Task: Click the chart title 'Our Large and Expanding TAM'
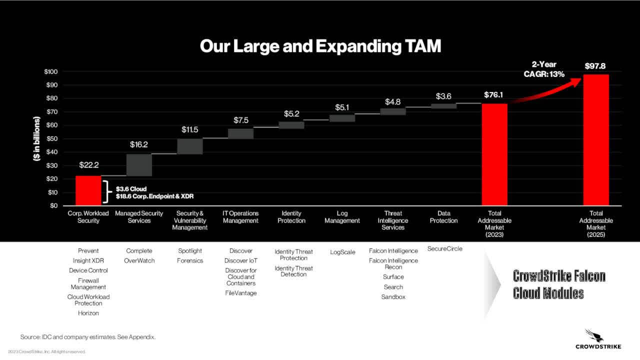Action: [320, 46]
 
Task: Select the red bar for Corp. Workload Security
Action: [88, 190]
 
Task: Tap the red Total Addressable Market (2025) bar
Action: [596, 140]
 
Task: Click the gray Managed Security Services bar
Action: [139, 165]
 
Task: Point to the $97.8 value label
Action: [596, 66]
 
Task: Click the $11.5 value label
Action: [189, 129]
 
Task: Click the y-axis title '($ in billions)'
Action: [36, 138]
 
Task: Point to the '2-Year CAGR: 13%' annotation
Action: [543, 69]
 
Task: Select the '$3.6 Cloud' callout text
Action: [131, 189]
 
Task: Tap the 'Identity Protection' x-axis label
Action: [291, 217]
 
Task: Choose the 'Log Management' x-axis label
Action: [342, 217]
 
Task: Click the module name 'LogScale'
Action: [342, 252]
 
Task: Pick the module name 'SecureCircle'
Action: [444, 248]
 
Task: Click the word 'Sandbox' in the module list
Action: [393, 297]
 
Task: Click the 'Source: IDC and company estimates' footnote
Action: [88, 337]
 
